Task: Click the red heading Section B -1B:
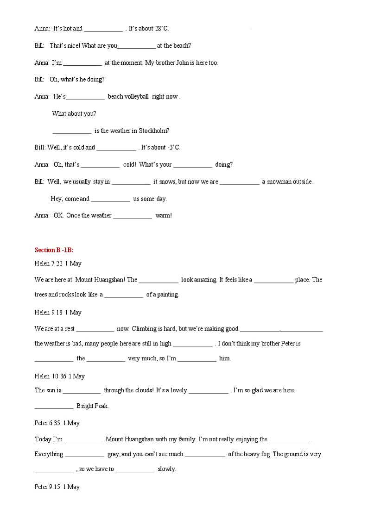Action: (54, 250)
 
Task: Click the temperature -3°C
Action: (173, 147)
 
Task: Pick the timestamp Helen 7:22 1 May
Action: (58, 263)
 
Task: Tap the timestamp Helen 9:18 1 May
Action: (58, 313)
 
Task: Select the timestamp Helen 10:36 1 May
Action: (60, 376)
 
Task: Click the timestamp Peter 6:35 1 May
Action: (57, 423)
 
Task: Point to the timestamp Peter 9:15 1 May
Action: (57, 487)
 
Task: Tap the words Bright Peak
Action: (92, 406)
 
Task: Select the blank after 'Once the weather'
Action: (133, 216)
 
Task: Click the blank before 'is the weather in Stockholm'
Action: (72, 131)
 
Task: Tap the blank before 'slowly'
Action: (135, 469)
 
